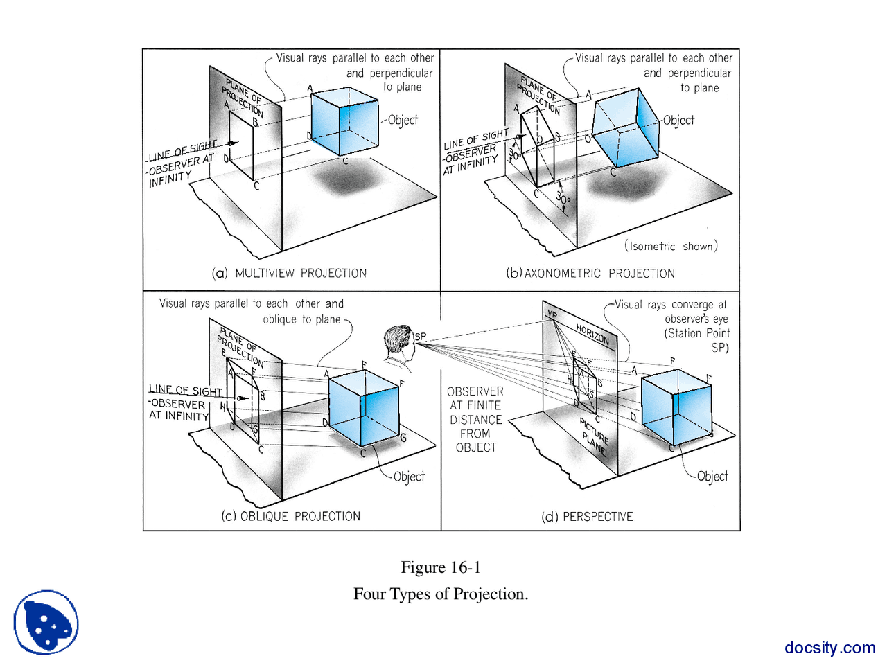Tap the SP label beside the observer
[x=421, y=337]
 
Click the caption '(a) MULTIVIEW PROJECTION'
[x=289, y=273]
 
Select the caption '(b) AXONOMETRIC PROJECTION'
[x=590, y=273]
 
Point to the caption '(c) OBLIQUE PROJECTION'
[x=291, y=516]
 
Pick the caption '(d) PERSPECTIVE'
[x=587, y=517]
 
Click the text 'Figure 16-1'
[x=441, y=567]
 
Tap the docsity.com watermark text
[x=829, y=647]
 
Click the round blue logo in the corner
[x=46, y=622]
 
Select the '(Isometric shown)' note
[x=671, y=246]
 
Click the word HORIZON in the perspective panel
[x=592, y=335]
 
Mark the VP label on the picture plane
[x=552, y=314]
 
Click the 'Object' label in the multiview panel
[x=403, y=120]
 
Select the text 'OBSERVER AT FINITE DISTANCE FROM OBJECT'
[x=475, y=419]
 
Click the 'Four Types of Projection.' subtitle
[x=441, y=594]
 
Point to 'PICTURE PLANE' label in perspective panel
[x=594, y=435]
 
